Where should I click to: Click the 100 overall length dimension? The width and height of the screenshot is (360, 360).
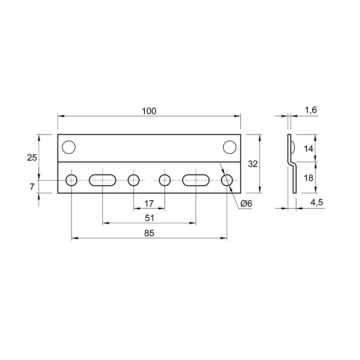[x=149, y=111]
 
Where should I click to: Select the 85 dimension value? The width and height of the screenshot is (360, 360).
[x=149, y=233]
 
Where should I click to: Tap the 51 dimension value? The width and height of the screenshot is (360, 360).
[x=149, y=218]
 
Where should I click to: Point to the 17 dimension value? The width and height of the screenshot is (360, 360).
[x=149, y=203]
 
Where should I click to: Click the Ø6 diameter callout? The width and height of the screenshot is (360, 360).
[x=246, y=203]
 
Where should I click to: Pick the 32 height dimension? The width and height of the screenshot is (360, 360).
[x=253, y=164]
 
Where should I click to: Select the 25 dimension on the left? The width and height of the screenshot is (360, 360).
[x=32, y=158]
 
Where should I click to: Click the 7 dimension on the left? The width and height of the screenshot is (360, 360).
[x=32, y=187]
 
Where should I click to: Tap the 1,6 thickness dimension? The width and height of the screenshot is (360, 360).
[x=311, y=110]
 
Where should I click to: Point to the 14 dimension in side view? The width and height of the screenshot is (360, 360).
[x=308, y=149]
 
